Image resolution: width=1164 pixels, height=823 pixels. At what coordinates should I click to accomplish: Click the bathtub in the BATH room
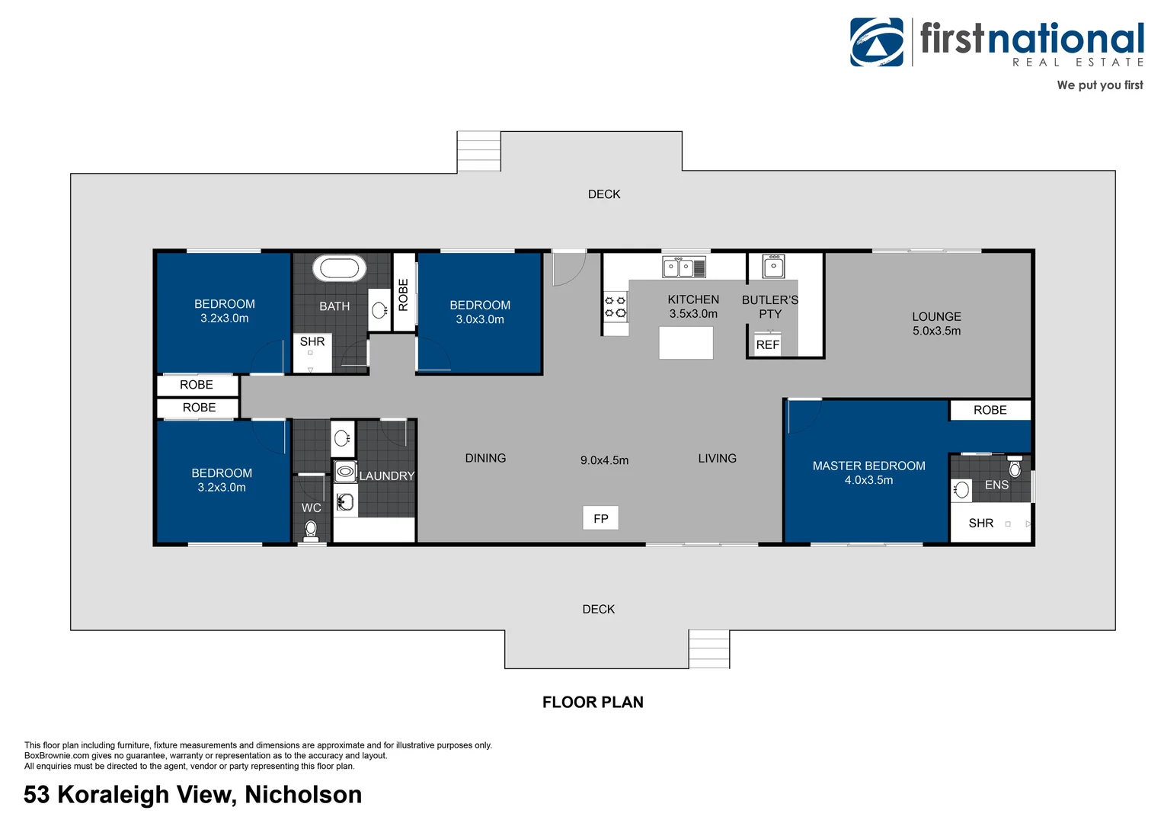pyautogui.click(x=339, y=268)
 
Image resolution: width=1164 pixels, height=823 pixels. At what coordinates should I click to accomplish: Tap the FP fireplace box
pyautogui.click(x=601, y=518)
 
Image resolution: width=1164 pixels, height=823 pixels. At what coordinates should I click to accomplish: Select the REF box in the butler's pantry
pyautogui.click(x=768, y=344)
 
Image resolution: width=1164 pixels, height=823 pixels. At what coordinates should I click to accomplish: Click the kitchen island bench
pyautogui.click(x=686, y=343)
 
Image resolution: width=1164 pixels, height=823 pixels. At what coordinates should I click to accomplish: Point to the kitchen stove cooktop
pyautogui.click(x=616, y=307)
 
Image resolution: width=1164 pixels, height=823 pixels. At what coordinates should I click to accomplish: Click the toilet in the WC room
pyautogui.click(x=311, y=530)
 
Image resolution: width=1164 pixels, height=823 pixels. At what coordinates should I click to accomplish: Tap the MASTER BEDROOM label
pyautogui.click(x=869, y=466)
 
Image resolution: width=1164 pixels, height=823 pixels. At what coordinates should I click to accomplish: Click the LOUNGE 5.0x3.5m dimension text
pyautogui.click(x=936, y=331)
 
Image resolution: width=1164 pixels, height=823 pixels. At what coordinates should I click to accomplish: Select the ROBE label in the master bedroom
pyautogui.click(x=990, y=410)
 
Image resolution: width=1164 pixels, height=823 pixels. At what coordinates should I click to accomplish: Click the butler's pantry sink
pyautogui.click(x=773, y=266)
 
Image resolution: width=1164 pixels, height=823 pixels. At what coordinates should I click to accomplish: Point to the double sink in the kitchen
pyautogui.click(x=684, y=267)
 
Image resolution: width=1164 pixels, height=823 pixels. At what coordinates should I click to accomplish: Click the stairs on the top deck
pyautogui.click(x=478, y=152)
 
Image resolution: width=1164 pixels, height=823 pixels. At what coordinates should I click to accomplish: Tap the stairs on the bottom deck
pyautogui.click(x=709, y=648)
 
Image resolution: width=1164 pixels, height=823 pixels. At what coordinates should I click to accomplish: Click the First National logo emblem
pyautogui.click(x=877, y=42)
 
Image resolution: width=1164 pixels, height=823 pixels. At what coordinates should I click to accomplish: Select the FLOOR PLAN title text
pyautogui.click(x=593, y=703)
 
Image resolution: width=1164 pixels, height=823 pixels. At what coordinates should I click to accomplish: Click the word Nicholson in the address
pyautogui.click(x=303, y=794)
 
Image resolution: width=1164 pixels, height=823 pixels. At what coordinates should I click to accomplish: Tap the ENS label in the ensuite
pyautogui.click(x=996, y=485)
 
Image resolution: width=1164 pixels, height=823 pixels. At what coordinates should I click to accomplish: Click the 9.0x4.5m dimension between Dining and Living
pyautogui.click(x=604, y=460)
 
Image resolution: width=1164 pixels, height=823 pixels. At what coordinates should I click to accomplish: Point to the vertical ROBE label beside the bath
pyautogui.click(x=403, y=295)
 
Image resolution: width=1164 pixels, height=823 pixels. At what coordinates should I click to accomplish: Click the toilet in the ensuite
pyautogui.click(x=1015, y=467)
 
